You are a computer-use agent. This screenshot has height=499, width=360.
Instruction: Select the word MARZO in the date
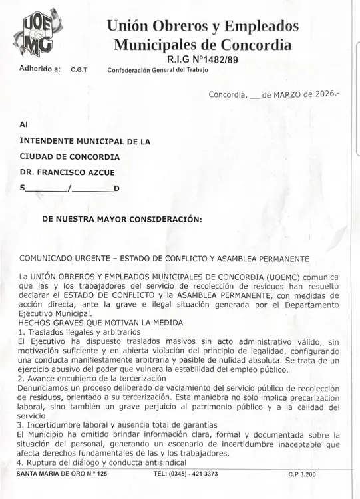tap(287, 94)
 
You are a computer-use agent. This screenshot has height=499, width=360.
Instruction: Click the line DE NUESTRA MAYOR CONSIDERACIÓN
tap(122, 219)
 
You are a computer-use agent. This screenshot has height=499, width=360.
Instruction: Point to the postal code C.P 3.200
tap(302, 474)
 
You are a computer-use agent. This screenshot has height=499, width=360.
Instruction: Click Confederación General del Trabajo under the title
tap(158, 69)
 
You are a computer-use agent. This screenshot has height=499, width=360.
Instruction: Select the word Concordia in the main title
tap(256, 45)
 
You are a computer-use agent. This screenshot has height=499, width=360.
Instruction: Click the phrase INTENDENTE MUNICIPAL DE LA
tap(85, 141)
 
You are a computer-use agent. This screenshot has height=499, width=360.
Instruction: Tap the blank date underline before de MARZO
tap(254, 97)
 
